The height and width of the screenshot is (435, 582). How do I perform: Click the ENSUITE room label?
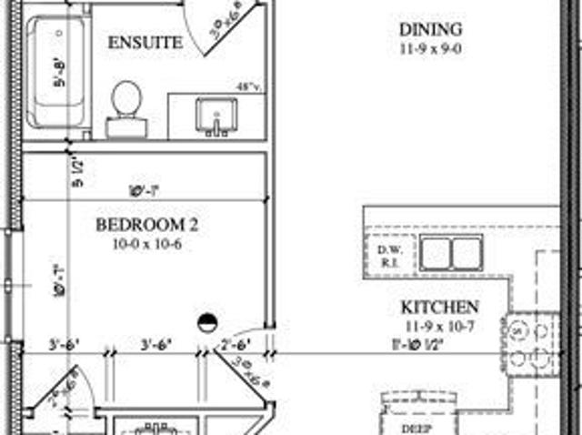pos(145,43)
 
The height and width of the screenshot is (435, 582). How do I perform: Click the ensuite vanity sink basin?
pos(217,116)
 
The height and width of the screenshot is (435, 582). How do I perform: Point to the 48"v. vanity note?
pos(248,87)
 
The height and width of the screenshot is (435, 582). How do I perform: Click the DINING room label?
pos(430,30)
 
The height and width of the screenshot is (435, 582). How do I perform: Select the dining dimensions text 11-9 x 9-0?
pos(430,50)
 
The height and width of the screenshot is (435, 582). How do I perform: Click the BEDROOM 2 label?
pos(146,225)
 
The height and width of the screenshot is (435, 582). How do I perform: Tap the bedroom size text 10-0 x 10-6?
pos(146,244)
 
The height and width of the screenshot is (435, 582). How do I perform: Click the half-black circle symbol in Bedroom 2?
pos(208,321)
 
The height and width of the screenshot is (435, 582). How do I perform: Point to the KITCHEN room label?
pos(440,307)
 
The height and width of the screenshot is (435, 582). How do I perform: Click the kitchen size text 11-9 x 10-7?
pos(440,327)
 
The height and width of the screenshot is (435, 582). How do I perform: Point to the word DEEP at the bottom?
pos(415,426)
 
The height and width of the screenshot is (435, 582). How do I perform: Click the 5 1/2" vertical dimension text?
pos(78,173)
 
